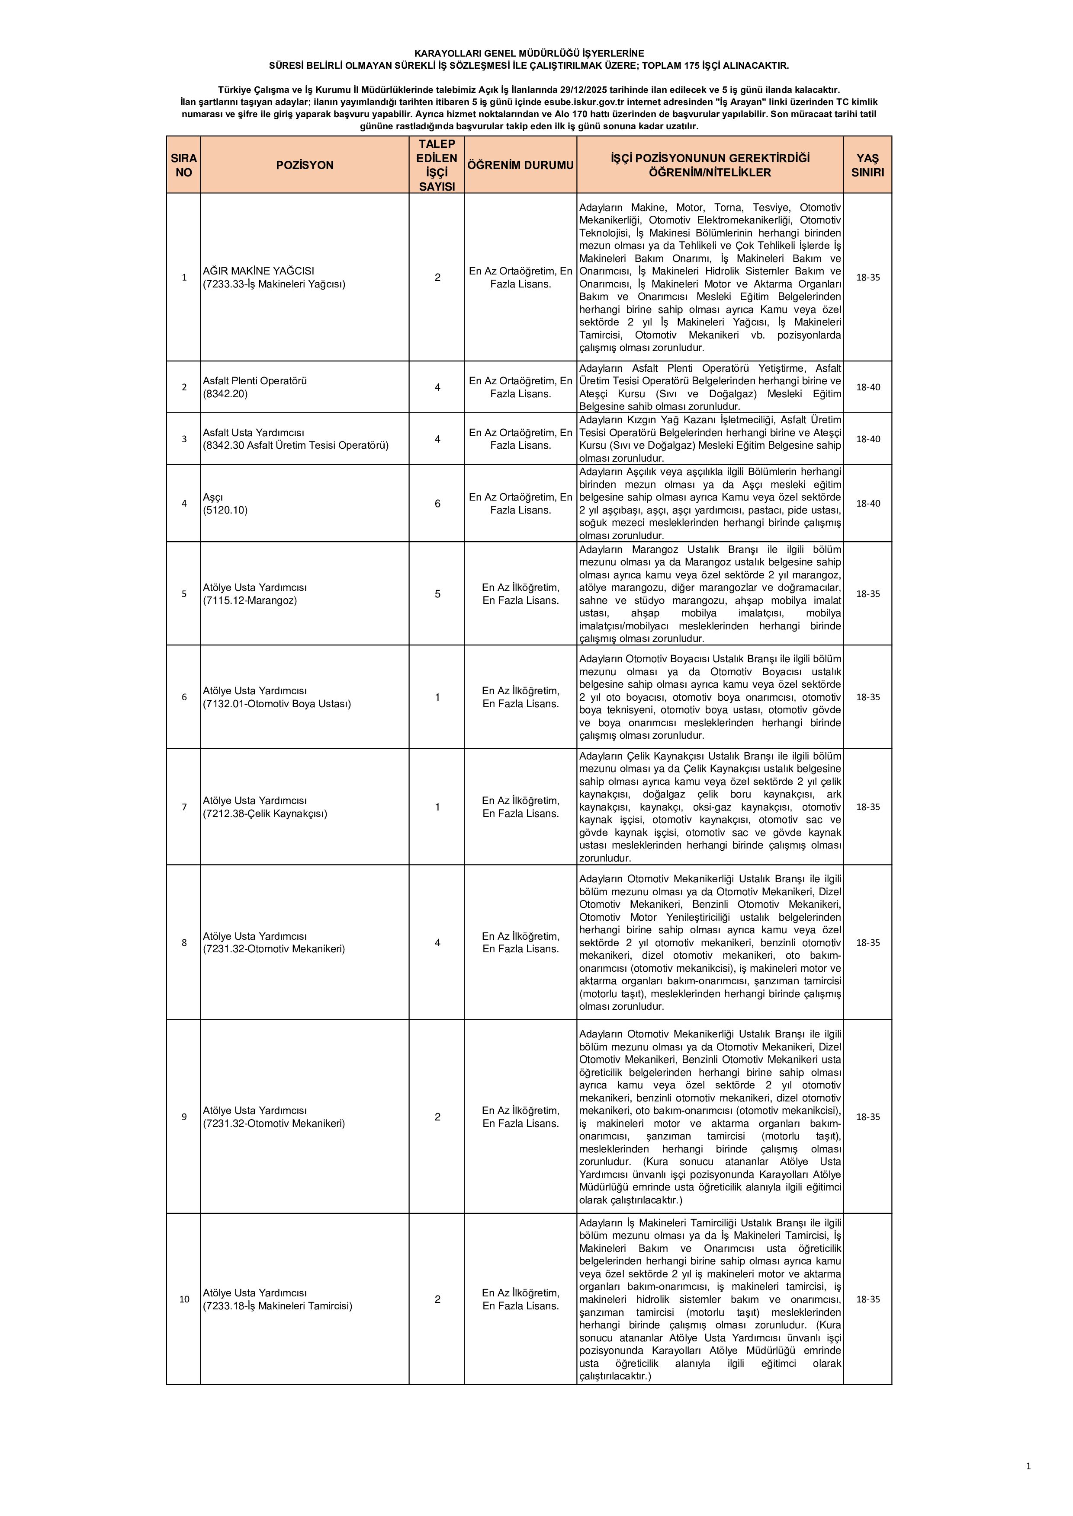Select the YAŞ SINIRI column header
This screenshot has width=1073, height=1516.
pyautogui.click(x=867, y=165)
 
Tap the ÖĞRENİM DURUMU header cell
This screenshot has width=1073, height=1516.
pyautogui.click(x=520, y=165)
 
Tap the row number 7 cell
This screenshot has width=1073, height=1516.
pyautogui.click(x=184, y=807)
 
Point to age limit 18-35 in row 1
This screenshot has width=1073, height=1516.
pyautogui.click(x=867, y=278)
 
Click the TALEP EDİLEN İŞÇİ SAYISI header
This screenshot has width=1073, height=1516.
pyautogui.click(x=437, y=165)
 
